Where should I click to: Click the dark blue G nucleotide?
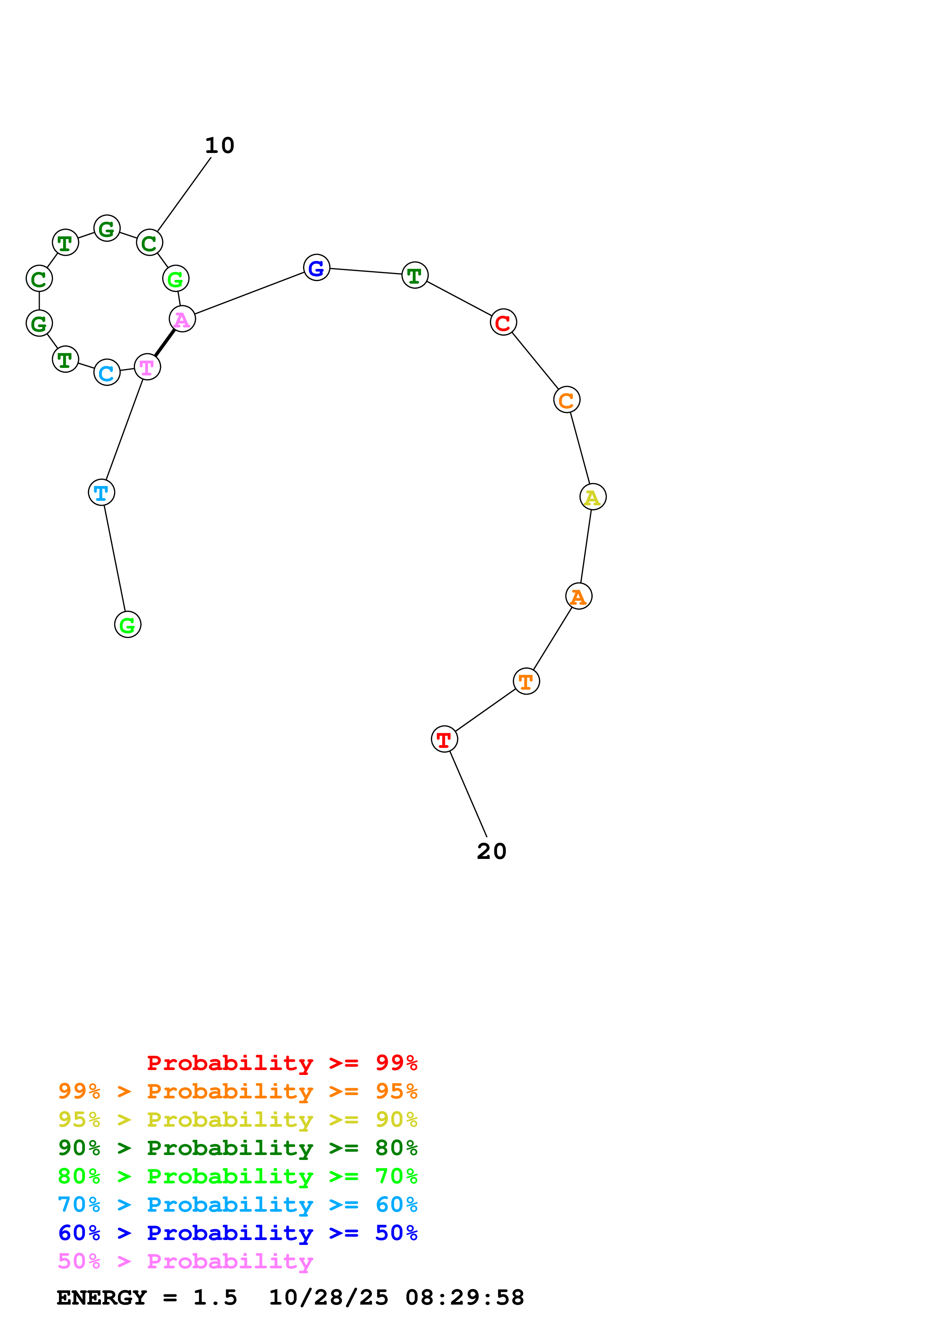tap(316, 268)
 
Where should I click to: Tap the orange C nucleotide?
tap(566, 400)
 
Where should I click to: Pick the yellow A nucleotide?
tap(593, 497)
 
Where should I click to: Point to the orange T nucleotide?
tap(526, 681)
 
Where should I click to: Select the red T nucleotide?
tap(444, 739)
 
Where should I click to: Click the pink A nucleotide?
tap(182, 319)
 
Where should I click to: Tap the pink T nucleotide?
tap(147, 367)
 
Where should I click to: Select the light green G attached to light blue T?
tap(128, 625)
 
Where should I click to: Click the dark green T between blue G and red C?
tap(415, 275)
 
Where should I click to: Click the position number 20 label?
tap(491, 851)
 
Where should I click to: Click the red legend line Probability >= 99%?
tap(282, 1063)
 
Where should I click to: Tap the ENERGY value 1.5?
tap(215, 1298)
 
